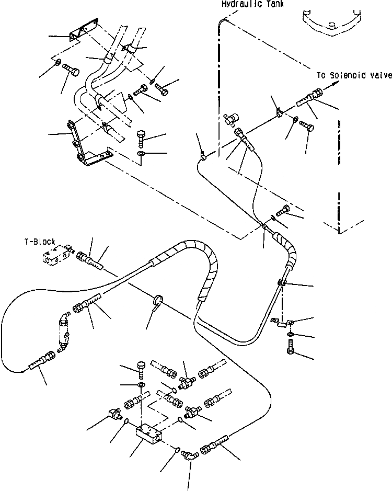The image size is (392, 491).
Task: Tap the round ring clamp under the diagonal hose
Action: pos(158,301)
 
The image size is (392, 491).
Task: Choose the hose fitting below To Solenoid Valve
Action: pos(310,99)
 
